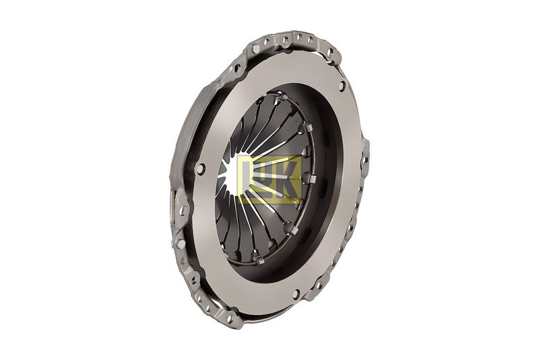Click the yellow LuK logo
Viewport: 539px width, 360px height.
coord(270,179)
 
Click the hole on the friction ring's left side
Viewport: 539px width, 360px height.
coord(200,169)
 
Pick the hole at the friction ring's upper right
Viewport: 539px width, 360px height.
coord(342,86)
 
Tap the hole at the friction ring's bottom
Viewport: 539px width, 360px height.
coord(296,295)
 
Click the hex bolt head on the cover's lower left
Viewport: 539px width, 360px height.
coord(181,244)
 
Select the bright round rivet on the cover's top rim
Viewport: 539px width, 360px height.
coord(256,49)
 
